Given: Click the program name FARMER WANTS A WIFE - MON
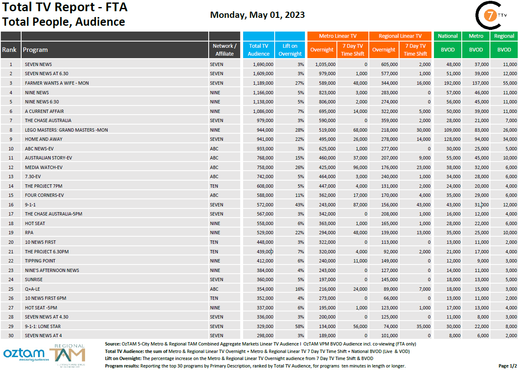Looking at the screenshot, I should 57,83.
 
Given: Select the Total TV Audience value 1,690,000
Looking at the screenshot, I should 263,64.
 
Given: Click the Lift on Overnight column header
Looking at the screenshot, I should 290,50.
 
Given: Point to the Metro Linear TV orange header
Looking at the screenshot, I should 337,36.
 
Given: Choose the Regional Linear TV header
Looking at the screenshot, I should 400,36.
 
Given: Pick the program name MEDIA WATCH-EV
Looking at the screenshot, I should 44,167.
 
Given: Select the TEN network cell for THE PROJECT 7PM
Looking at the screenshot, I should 214,186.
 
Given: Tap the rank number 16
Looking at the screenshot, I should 11,205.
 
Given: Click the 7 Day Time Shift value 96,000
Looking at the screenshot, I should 358,167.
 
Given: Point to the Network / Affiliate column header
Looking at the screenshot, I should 224,50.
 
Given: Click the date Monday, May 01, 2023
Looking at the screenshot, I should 257,15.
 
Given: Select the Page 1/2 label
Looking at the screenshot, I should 507,366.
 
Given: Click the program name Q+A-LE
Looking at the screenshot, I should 33,289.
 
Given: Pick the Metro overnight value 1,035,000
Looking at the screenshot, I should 325,64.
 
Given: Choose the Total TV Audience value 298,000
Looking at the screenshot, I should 263,336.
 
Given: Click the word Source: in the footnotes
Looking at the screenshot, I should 112,344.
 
